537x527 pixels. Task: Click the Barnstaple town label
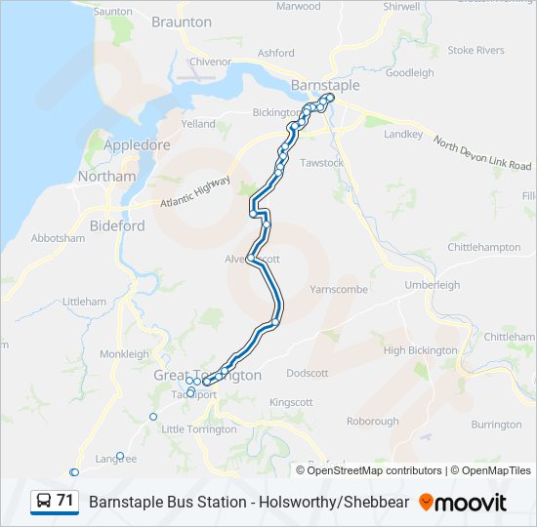325,85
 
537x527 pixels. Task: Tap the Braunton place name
182,21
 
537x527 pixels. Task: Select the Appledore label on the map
137,145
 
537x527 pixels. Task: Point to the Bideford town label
117,225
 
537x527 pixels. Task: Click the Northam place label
107,177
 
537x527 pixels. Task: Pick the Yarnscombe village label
339,290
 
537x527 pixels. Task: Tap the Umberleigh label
432,284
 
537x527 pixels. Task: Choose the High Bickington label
420,350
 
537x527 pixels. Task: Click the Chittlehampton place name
483,248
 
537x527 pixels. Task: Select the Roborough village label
373,422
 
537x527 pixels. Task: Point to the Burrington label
496,425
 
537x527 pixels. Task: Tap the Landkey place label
403,134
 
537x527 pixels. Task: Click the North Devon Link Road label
482,154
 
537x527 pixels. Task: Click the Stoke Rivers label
475,50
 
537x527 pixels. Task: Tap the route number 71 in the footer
65,501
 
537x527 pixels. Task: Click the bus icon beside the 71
44,502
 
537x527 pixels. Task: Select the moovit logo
463,503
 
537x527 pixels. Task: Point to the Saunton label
113,11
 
